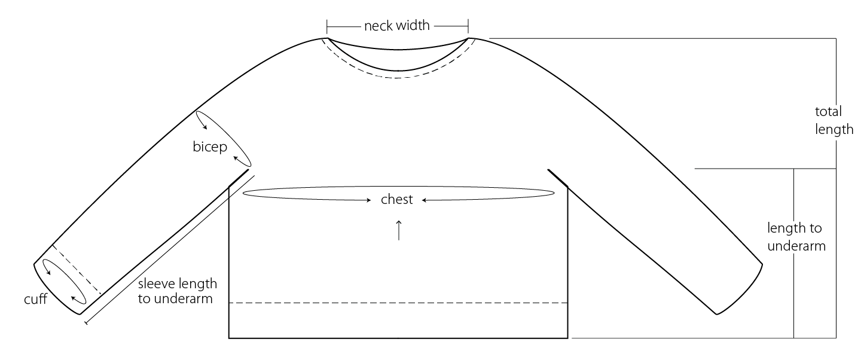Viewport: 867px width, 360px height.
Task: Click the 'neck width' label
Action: pyautogui.click(x=397, y=26)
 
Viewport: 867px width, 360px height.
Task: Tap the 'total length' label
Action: pyautogui.click(x=833, y=120)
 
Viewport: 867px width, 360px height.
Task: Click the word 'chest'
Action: pyautogui.click(x=397, y=200)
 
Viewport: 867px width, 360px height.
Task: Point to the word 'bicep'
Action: pyautogui.click(x=210, y=147)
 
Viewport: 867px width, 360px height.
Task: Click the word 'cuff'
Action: pyautogui.click(x=35, y=299)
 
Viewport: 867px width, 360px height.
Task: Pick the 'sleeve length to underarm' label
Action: pyautogui.click(x=177, y=291)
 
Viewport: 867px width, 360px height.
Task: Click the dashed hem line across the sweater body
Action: pyautogui.click(x=398, y=303)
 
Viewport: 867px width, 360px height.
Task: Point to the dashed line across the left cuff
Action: pyautogui.click(x=77, y=270)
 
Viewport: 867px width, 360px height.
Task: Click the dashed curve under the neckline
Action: pyautogui.click(x=398, y=78)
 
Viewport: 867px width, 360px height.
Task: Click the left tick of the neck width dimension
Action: pyautogui.click(x=327, y=26)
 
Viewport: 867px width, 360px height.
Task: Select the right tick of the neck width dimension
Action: pyautogui.click(x=468, y=26)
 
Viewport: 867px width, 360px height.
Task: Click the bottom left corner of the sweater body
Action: pyautogui.click(x=230, y=338)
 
